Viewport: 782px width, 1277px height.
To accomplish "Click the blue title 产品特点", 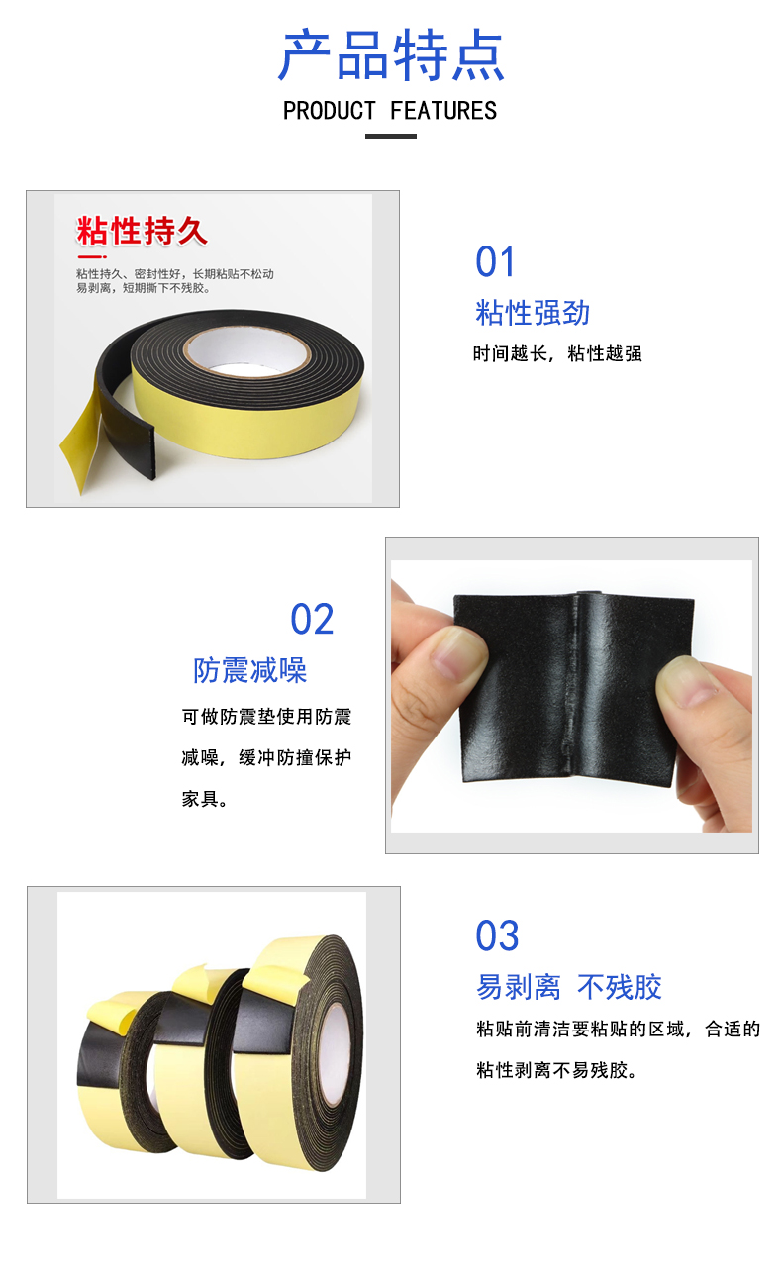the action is pyautogui.click(x=391, y=54).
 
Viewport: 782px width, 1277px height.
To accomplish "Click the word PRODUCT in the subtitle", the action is pyautogui.click(x=330, y=111).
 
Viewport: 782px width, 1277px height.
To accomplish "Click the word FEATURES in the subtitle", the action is pyautogui.click(x=443, y=111).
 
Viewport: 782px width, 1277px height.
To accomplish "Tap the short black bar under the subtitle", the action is pyautogui.click(x=391, y=137).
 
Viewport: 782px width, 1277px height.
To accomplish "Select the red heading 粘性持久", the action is pyautogui.click(x=142, y=231).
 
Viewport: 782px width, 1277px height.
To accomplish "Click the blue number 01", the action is pyautogui.click(x=495, y=261).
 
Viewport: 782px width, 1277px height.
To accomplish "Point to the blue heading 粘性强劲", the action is pyautogui.click(x=533, y=313).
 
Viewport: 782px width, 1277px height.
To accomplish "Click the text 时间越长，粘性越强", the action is pyautogui.click(x=557, y=354).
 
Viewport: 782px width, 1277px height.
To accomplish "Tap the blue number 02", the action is pyautogui.click(x=312, y=619).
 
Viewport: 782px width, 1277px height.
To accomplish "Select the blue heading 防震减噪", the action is pyautogui.click(x=250, y=670).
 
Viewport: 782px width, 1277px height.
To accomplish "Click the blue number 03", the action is pyautogui.click(x=497, y=935).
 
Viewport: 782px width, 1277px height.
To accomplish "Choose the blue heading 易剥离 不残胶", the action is pyautogui.click(x=569, y=987).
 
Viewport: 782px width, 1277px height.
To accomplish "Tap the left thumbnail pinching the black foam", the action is pyautogui.click(x=457, y=655).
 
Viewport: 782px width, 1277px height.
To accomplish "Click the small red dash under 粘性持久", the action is pyautogui.click(x=91, y=257).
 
